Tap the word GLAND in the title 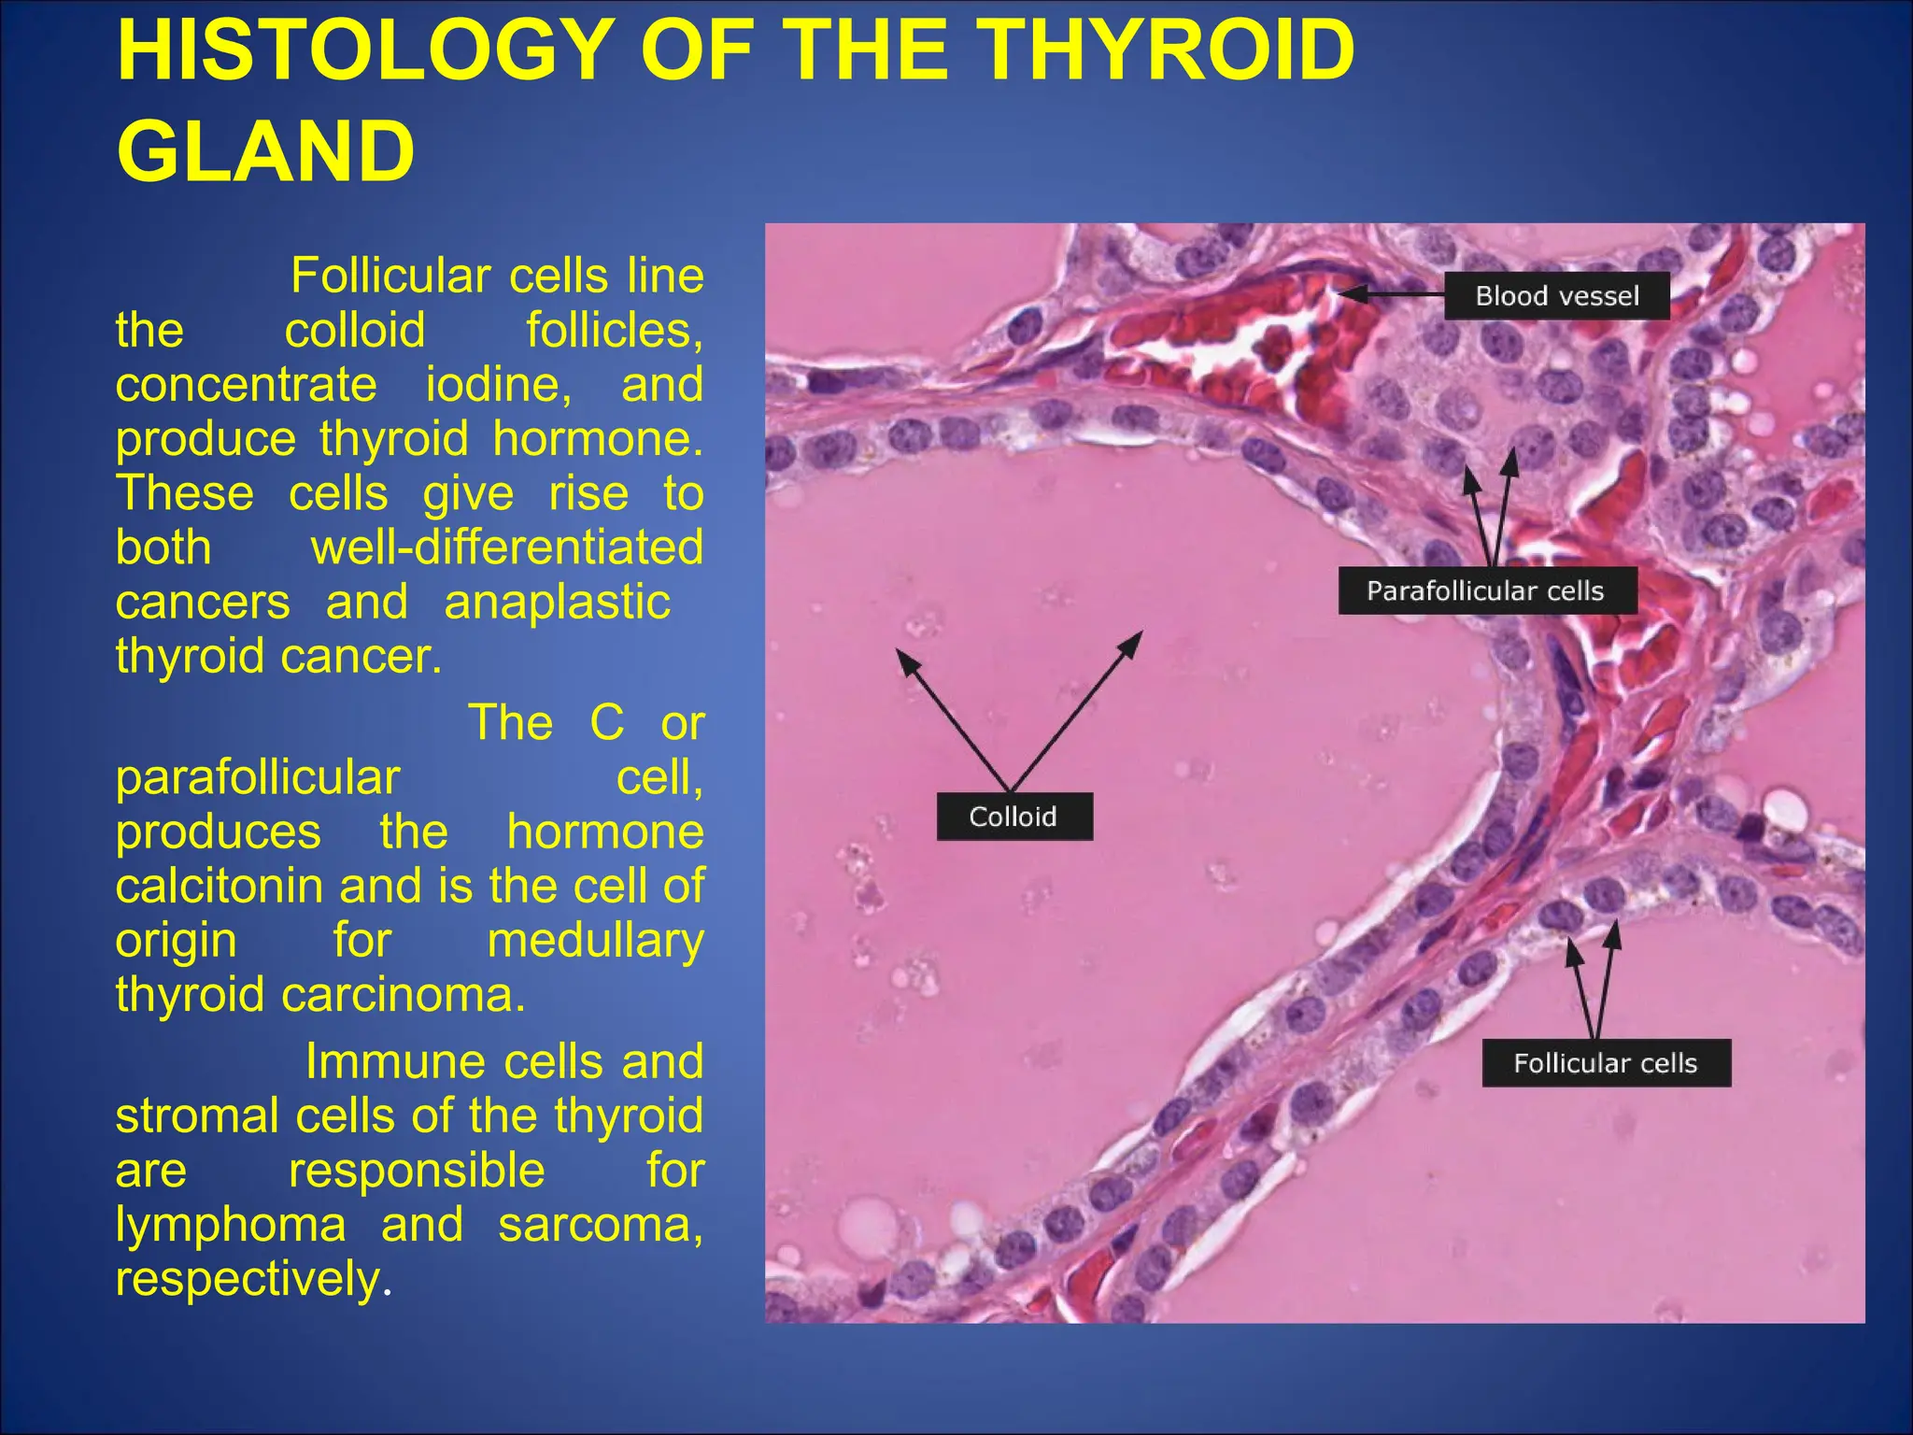coord(265,151)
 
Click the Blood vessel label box coord(1556,296)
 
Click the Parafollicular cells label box coord(1486,590)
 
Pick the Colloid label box coord(1013,817)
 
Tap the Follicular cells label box coord(1605,1063)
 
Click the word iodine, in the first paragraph coord(499,385)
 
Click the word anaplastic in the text coord(557,602)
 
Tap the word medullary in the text coord(595,940)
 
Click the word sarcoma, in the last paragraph coord(600,1224)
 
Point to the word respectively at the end coord(248,1278)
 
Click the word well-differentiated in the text coord(506,547)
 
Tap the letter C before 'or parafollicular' coord(606,722)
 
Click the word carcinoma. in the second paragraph coord(403,994)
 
